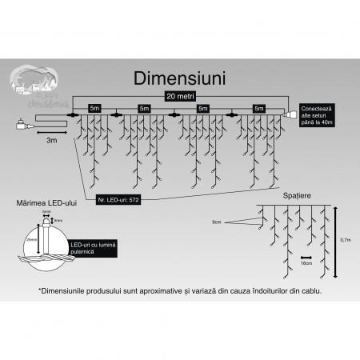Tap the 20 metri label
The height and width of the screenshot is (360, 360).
pos(180,95)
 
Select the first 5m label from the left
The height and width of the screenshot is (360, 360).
pos(94,107)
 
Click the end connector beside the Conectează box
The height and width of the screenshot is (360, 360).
pos(290,117)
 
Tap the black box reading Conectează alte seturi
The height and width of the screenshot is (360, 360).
pos(318,115)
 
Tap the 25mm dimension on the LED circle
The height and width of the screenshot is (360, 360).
pos(30,239)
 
